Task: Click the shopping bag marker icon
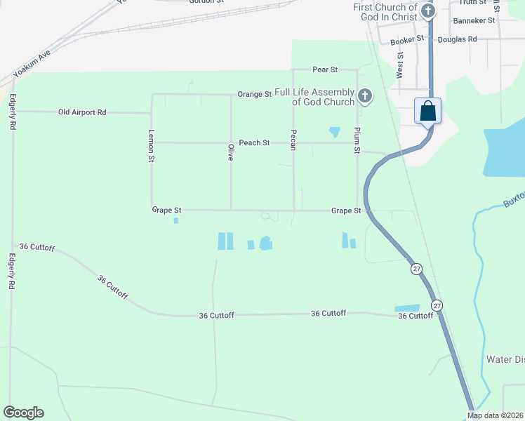pyautogui.click(x=428, y=112)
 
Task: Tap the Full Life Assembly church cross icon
pyautogui.click(x=364, y=96)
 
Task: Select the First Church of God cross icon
pyautogui.click(x=428, y=11)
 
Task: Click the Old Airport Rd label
pyautogui.click(x=82, y=112)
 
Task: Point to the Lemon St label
pyautogui.click(x=151, y=147)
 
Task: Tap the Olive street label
pyautogui.click(x=230, y=152)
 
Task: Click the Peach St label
pyautogui.click(x=254, y=143)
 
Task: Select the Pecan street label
pyautogui.click(x=293, y=139)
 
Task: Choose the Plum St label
pyautogui.click(x=357, y=141)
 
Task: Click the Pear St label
pyautogui.click(x=325, y=70)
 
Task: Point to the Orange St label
pyautogui.click(x=254, y=94)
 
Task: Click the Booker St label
pyautogui.click(x=408, y=41)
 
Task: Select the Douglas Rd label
pyautogui.click(x=457, y=39)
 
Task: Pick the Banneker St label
pyautogui.click(x=474, y=21)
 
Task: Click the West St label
pyautogui.click(x=399, y=68)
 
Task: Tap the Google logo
pyautogui.click(x=23, y=413)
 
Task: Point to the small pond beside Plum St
pyautogui.click(x=334, y=131)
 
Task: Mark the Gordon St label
pyautogui.click(x=206, y=1)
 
